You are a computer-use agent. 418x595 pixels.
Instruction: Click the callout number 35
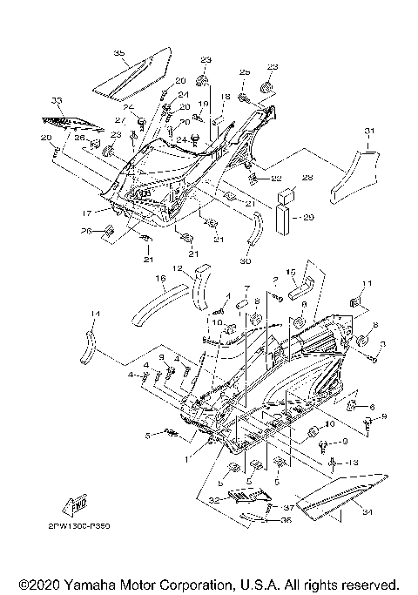(119, 54)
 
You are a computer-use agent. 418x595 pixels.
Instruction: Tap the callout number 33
(57, 100)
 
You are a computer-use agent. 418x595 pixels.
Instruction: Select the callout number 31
(369, 132)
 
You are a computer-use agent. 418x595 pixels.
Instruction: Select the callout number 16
(160, 279)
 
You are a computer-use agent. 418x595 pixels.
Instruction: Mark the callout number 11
(367, 284)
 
